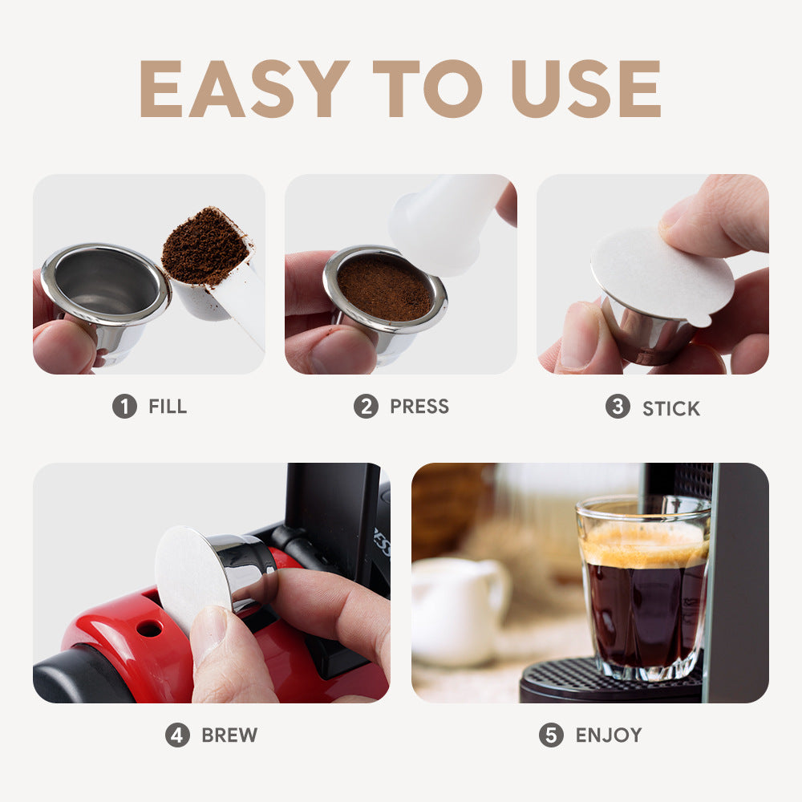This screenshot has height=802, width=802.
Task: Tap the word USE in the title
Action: pyautogui.click(x=585, y=88)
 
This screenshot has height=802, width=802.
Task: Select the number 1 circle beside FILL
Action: pyautogui.click(x=124, y=407)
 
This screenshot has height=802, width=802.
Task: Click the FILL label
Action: pyautogui.click(x=168, y=407)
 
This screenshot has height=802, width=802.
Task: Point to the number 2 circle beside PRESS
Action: pyautogui.click(x=366, y=407)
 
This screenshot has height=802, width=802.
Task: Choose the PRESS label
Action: pyautogui.click(x=419, y=407)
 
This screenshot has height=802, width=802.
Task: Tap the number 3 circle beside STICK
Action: pyautogui.click(x=617, y=407)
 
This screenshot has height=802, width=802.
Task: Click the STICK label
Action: pyautogui.click(x=671, y=408)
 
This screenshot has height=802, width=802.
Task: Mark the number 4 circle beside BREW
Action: pyautogui.click(x=177, y=735)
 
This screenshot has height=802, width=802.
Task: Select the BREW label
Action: pyautogui.click(x=229, y=735)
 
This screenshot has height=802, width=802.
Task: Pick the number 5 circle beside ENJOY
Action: pyautogui.click(x=551, y=735)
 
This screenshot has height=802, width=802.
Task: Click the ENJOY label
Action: pyautogui.click(x=609, y=735)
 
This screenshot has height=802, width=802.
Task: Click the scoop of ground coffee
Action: pyautogui.click(x=205, y=247)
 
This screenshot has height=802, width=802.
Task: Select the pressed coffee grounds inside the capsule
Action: pyautogui.click(x=384, y=287)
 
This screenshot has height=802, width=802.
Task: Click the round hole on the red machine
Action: pyautogui.click(x=149, y=628)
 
